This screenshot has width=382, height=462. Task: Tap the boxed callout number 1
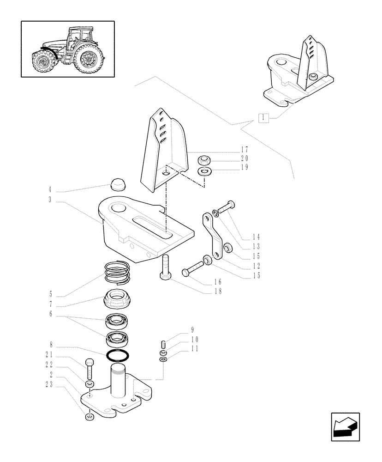tap(263, 117)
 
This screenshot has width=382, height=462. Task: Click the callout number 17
tap(245, 150)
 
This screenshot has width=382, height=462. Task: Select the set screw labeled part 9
tap(162, 345)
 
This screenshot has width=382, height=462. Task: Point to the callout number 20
tap(245, 158)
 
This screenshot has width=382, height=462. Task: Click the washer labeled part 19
tap(203, 172)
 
